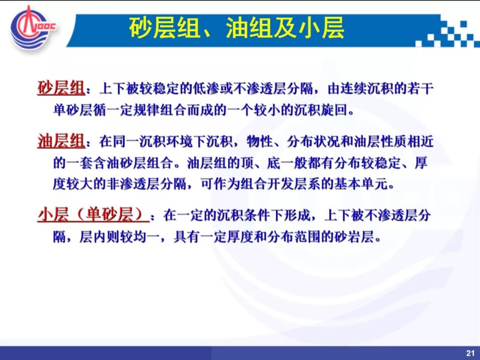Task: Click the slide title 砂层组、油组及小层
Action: click(x=236, y=28)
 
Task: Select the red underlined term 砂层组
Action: click(x=61, y=88)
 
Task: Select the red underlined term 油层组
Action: click(x=61, y=141)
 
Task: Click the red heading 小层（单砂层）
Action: click(x=93, y=215)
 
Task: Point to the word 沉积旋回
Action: click(x=320, y=110)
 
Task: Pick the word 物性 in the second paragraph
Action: click(x=259, y=141)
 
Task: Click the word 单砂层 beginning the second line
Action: click(x=73, y=110)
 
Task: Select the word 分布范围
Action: click(x=294, y=236)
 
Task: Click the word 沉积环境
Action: click(x=166, y=141)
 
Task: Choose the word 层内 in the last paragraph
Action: click(x=92, y=236)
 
